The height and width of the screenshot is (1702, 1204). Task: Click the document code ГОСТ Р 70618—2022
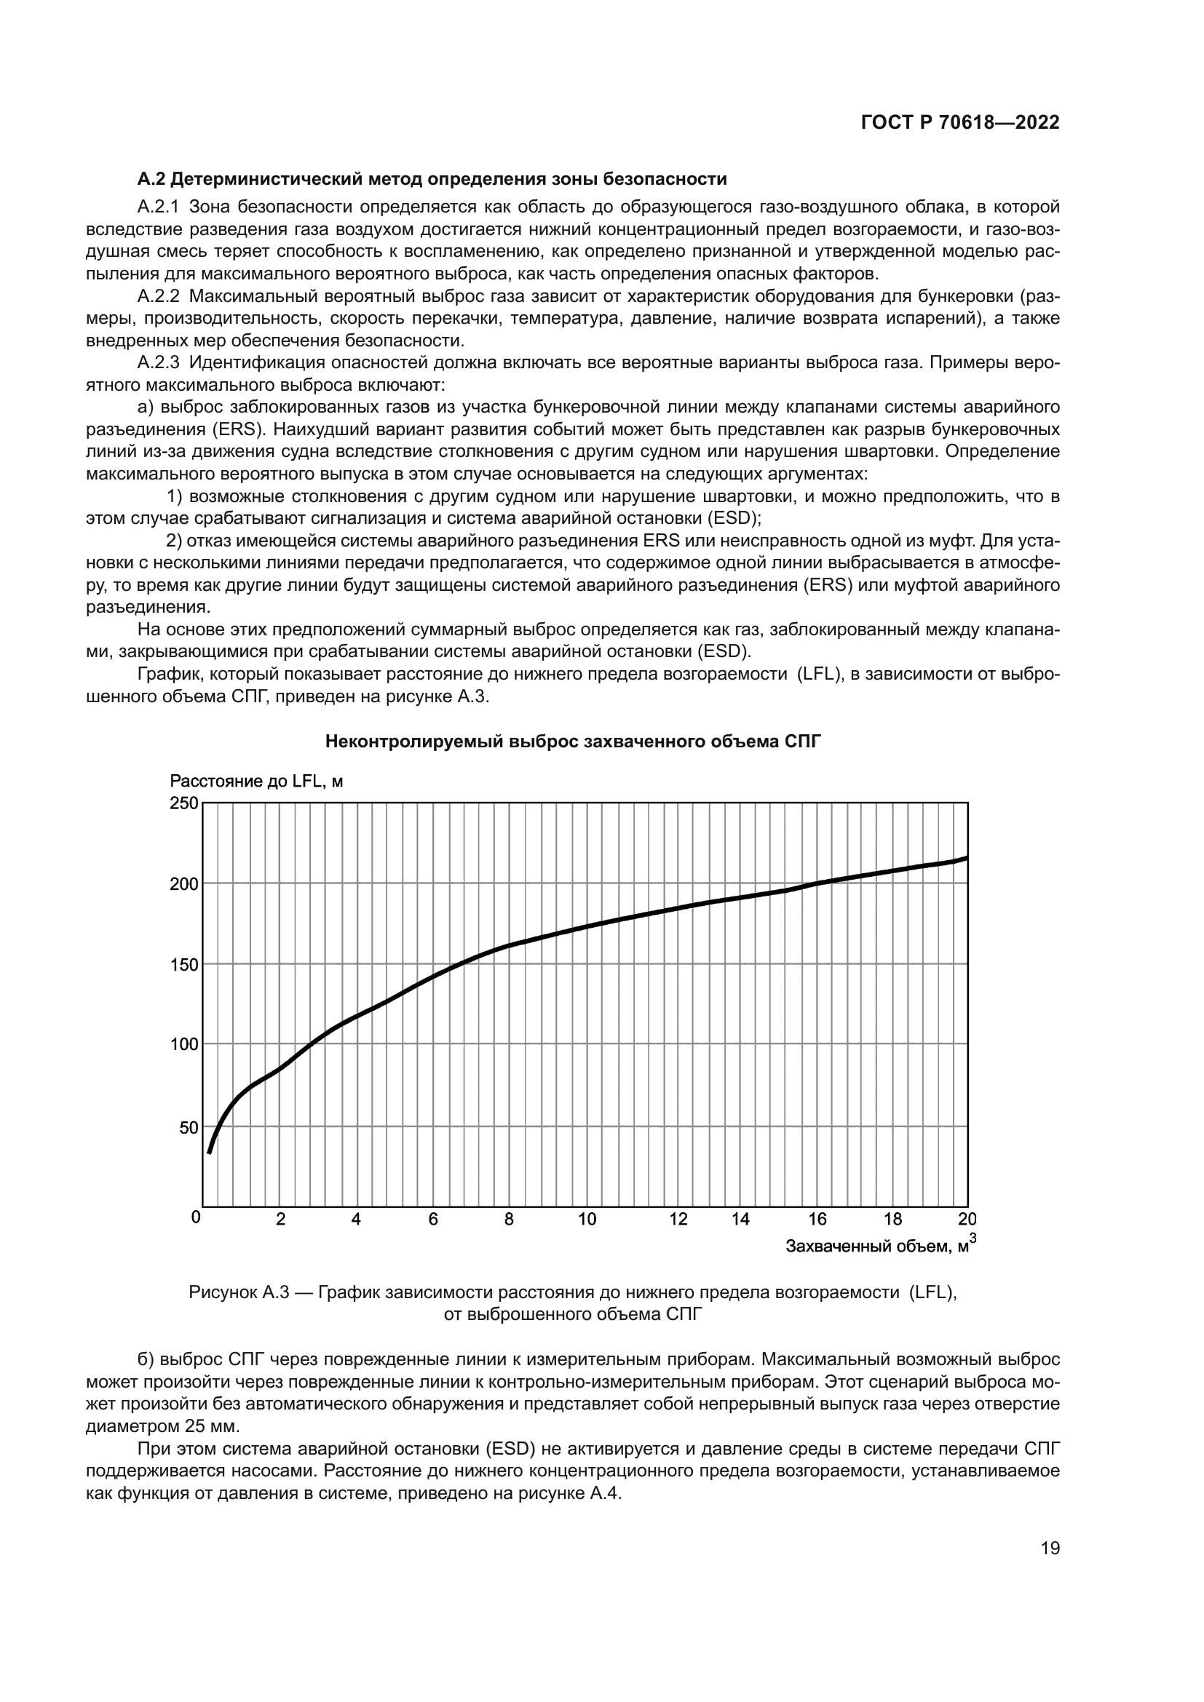coord(960,122)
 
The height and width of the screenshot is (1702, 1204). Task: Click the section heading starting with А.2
coord(432,179)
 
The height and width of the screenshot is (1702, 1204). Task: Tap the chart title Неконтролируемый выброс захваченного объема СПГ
coord(574,741)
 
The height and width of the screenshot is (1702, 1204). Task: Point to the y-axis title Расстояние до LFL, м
coord(256,781)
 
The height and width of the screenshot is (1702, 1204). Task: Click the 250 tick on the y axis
coord(185,803)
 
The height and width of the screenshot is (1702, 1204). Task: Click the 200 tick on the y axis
coord(185,883)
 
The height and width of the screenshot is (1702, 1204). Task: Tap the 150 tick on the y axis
coord(185,964)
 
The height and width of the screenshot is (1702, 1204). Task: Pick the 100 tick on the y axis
coord(185,1043)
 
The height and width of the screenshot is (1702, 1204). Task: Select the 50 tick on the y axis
coord(189,1127)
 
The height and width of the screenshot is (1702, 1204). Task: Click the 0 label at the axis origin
coord(196,1217)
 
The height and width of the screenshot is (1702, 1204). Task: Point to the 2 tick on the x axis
coord(280,1220)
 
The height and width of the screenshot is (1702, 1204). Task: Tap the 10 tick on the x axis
coord(587,1220)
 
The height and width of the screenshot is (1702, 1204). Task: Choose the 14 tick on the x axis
coord(740,1220)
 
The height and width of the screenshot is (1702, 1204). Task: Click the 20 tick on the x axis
coord(967,1220)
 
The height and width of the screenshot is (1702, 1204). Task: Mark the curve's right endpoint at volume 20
coord(966,858)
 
